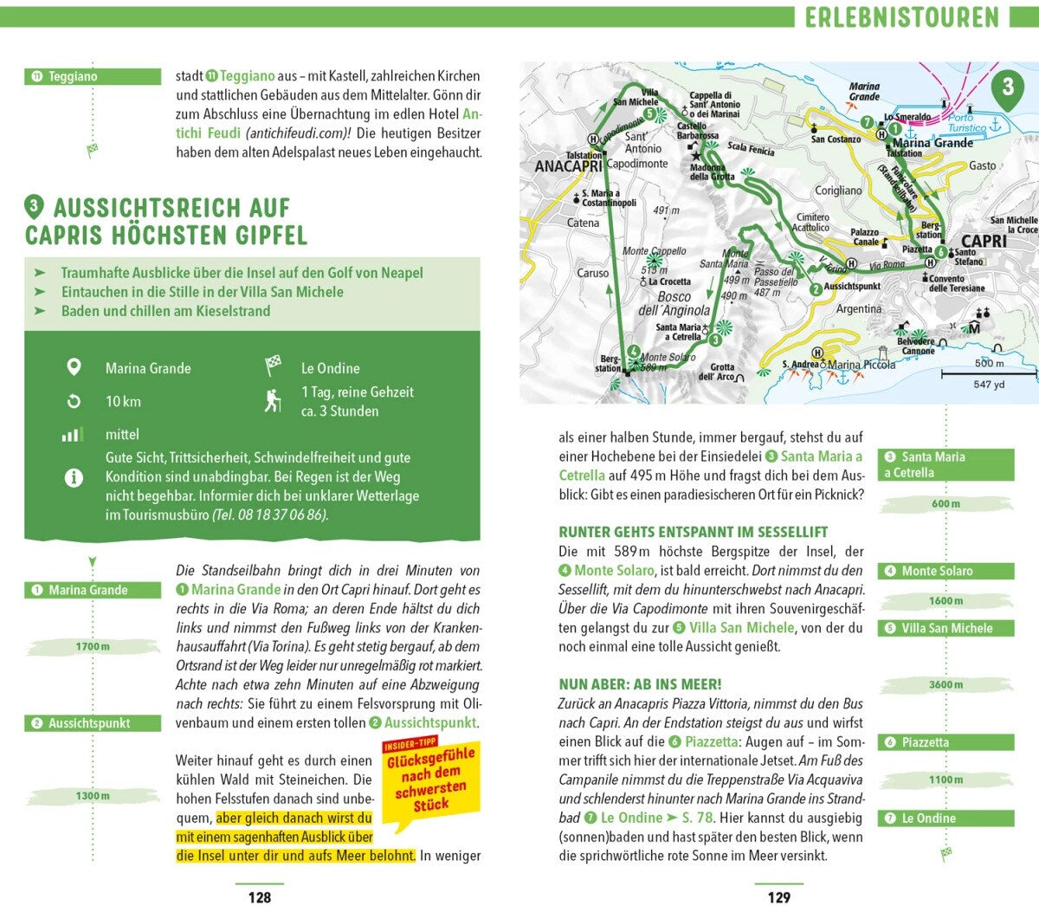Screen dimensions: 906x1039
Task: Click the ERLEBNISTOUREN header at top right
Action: click(x=901, y=16)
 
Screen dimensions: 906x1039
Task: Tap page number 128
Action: click(x=260, y=897)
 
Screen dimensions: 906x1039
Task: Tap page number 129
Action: click(x=779, y=897)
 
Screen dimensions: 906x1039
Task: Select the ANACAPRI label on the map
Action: click(x=569, y=165)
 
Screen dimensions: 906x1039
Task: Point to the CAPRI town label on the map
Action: click(x=984, y=241)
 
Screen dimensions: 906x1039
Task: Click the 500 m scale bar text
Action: click(x=989, y=363)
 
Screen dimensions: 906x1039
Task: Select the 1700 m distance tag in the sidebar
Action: click(x=93, y=646)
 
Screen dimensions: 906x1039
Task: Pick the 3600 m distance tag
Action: click(x=945, y=684)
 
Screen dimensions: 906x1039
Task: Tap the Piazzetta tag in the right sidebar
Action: click(x=945, y=742)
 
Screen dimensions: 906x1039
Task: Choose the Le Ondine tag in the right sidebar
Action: click(x=945, y=818)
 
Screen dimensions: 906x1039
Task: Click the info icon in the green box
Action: click(x=74, y=476)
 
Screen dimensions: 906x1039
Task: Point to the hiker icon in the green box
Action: click(x=273, y=401)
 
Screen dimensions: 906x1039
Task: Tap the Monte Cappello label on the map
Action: click(x=654, y=251)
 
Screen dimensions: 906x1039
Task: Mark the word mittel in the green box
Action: click(x=122, y=434)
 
